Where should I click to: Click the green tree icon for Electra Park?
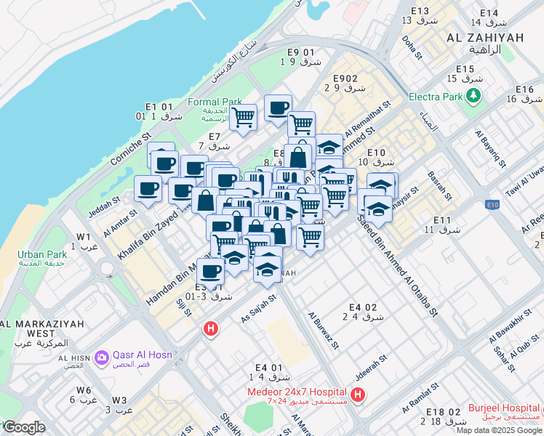coord(474,95)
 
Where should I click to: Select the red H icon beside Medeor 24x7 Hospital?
coord(358,395)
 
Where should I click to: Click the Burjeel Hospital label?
coord(504,409)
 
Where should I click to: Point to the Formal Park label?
coord(215,102)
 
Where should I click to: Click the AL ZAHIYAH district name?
coord(485,38)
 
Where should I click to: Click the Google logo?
coord(23,427)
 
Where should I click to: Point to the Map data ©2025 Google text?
coord(499,430)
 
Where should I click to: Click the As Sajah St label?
coord(259,309)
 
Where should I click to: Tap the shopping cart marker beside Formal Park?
coord(244,116)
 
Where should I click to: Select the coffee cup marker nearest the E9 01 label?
coord(278,108)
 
